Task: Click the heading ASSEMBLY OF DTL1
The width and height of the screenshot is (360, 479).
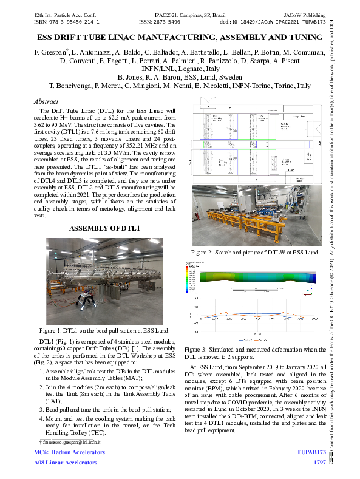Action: pos(105,228)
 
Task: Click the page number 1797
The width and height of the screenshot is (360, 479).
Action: pos(320,463)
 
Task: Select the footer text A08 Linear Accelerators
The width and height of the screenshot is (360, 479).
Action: pos(66,463)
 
